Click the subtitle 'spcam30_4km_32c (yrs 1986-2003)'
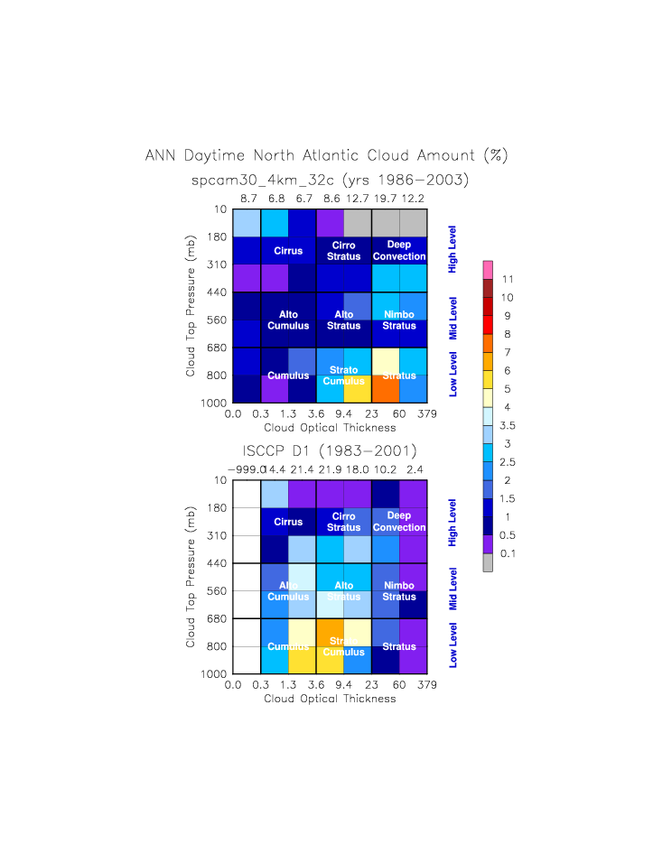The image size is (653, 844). point(330,181)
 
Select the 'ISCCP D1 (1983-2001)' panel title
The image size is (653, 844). point(330,450)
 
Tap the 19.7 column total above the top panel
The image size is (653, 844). point(385,197)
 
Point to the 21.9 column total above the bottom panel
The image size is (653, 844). point(330,468)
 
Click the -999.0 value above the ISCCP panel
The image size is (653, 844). point(246,468)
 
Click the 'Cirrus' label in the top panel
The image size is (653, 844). point(288,251)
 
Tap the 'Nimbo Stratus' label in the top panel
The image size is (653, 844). point(398,320)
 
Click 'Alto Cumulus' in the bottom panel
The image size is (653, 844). point(288,591)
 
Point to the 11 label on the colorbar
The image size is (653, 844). point(508,279)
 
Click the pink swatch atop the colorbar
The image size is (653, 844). point(488,269)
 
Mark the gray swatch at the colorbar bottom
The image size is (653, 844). point(488,563)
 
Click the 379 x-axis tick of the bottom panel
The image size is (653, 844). point(427,685)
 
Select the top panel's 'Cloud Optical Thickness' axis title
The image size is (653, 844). point(329,427)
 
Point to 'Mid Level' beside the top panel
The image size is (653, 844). point(453,317)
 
